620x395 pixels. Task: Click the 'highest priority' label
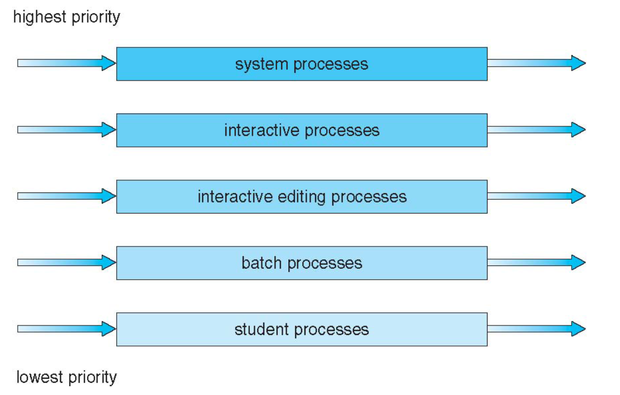click(x=66, y=18)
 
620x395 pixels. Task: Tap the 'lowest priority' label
click(x=66, y=378)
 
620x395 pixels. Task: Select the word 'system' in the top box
click(x=262, y=65)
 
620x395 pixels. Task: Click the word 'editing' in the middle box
click(x=302, y=197)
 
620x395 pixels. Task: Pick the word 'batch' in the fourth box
click(x=262, y=263)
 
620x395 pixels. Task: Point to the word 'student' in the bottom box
click(x=262, y=329)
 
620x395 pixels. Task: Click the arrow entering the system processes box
click(x=66, y=63)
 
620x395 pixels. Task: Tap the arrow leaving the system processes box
click(x=537, y=63)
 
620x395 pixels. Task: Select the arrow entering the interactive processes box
click(x=66, y=129)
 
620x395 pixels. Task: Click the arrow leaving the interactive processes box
click(x=537, y=129)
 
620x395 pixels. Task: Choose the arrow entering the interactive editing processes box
click(x=66, y=196)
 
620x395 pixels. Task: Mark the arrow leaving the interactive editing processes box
click(x=537, y=196)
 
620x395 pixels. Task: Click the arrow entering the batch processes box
click(x=66, y=262)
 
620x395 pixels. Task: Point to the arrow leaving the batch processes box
click(x=537, y=262)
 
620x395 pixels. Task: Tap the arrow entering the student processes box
click(x=66, y=329)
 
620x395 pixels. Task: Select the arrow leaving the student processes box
click(x=537, y=329)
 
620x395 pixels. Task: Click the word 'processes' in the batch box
click(x=324, y=264)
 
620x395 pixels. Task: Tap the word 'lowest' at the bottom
click(x=40, y=377)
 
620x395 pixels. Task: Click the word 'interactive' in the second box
click(x=262, y=131)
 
